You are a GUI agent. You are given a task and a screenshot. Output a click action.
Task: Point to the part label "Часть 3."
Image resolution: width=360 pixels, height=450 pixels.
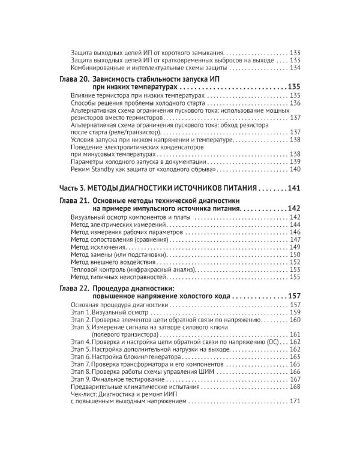77,187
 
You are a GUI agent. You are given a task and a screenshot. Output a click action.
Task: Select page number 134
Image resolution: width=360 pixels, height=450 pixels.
295,68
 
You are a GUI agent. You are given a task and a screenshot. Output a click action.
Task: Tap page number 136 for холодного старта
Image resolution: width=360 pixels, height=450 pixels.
295,103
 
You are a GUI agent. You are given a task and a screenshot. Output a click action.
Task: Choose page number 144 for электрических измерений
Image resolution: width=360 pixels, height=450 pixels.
295,224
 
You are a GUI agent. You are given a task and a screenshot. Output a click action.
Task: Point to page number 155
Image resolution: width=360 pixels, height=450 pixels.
295,278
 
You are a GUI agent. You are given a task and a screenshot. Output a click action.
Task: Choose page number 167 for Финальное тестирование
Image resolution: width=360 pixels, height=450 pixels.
295,379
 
